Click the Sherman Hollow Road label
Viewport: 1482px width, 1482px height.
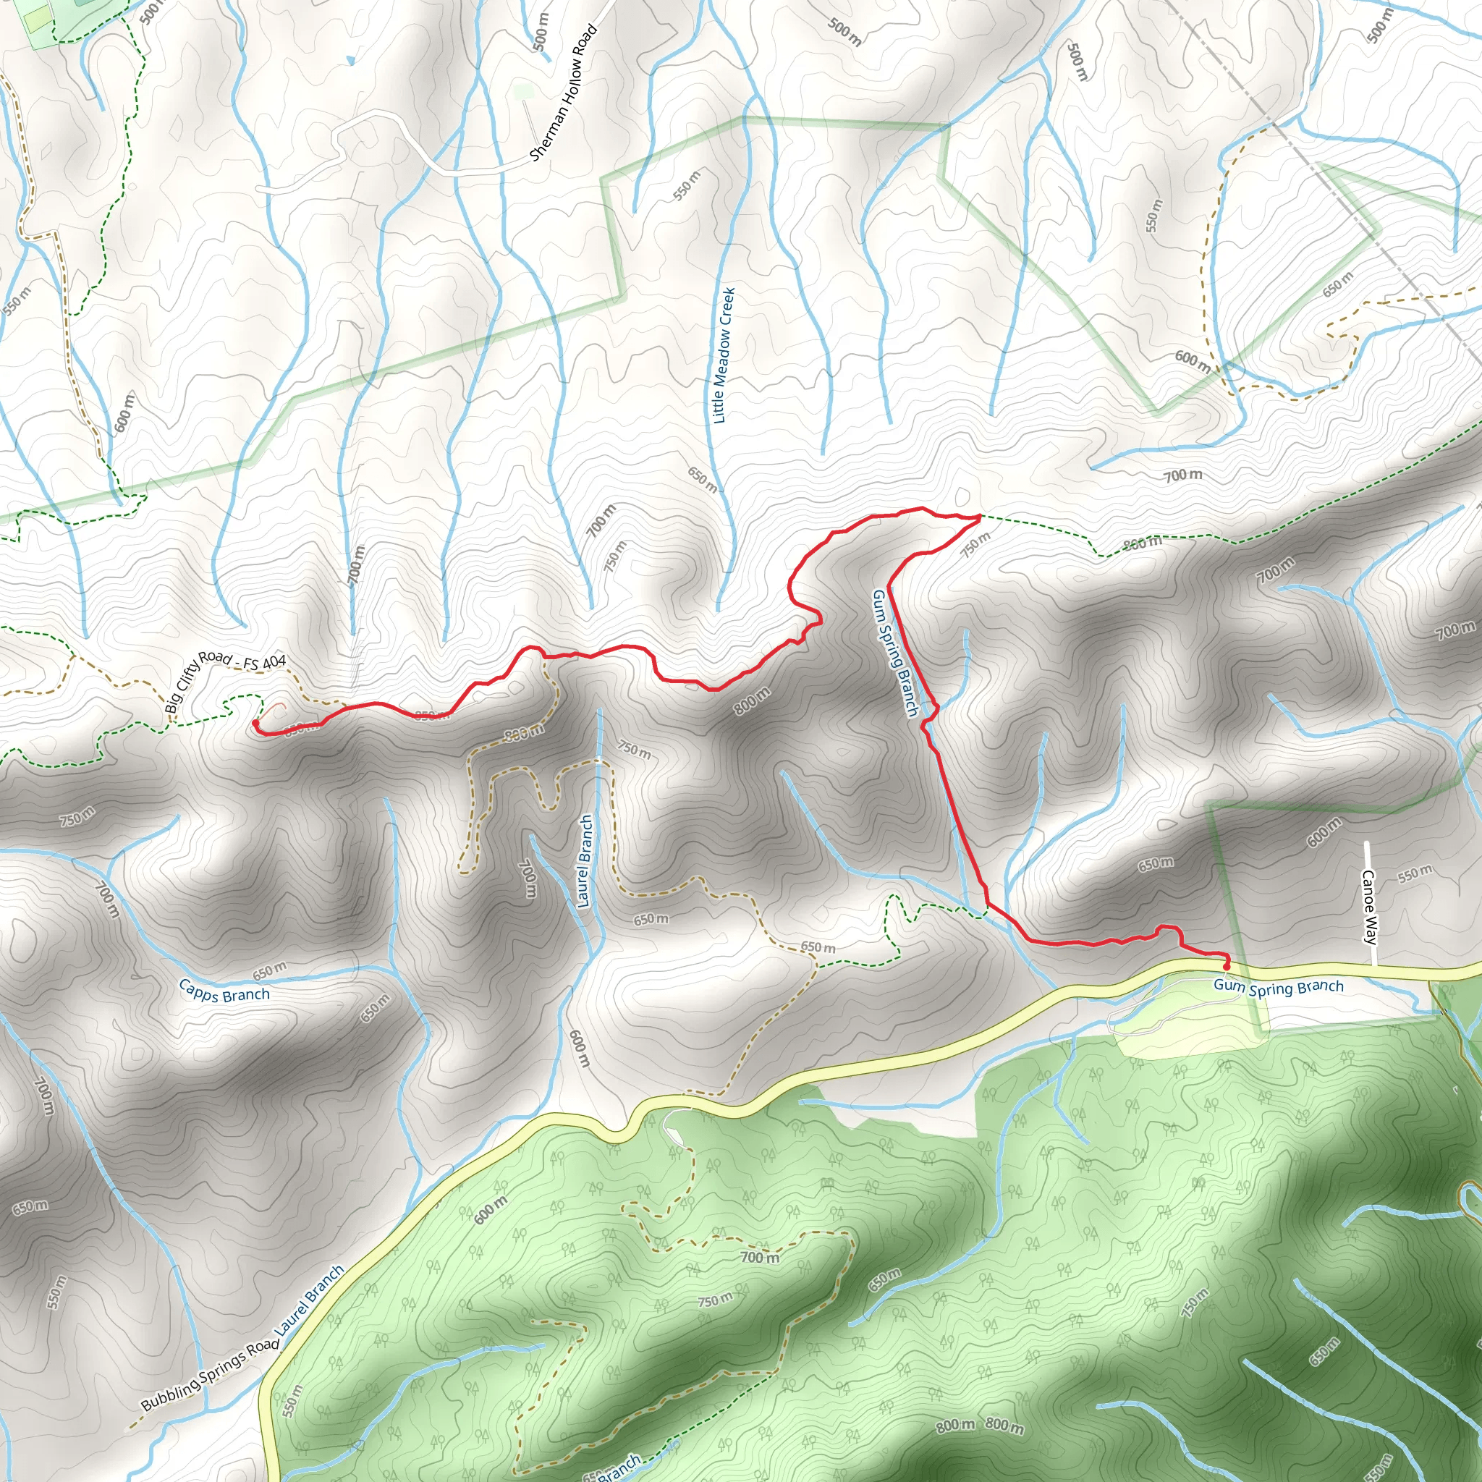tap(563, 92)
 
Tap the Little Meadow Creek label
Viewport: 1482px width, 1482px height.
tap(724, 355)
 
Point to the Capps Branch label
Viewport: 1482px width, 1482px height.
tap(224, 991)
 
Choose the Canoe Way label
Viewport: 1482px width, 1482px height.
tap(1369, 906)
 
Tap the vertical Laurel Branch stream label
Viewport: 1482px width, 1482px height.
tap(585, 860)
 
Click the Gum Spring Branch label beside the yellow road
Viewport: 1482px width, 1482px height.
tap(1278, 986)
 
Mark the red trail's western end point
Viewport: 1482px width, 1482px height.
tap(255, 721)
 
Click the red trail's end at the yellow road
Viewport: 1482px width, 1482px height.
tap(1226, 966)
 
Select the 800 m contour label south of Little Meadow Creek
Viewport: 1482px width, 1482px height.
tap(752, 701)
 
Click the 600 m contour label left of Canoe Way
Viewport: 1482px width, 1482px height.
tap(1324, 832)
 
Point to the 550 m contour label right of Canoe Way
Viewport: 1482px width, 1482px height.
tap(1415, 873)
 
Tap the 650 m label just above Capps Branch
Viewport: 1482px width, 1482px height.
tap(269, 971)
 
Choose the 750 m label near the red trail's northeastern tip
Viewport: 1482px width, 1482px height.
tap(975, 545)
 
